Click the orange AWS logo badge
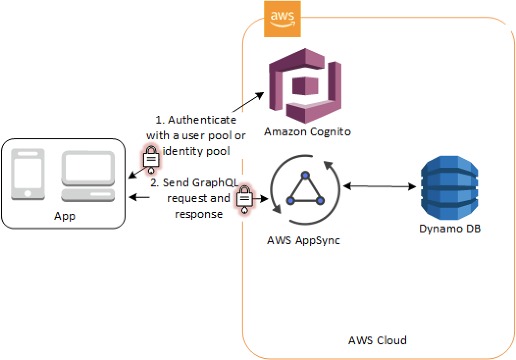point(282,19)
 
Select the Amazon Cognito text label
point(308,131)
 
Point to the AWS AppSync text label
point(303,241)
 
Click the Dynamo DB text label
point(449,229)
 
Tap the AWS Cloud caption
point(377,340)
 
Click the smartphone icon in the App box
point(28,174)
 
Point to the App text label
point(65,216)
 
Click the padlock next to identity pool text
point(151,158)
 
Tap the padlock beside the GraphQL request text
point(244,199)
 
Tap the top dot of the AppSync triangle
point(305,175)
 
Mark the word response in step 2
point(199,214)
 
